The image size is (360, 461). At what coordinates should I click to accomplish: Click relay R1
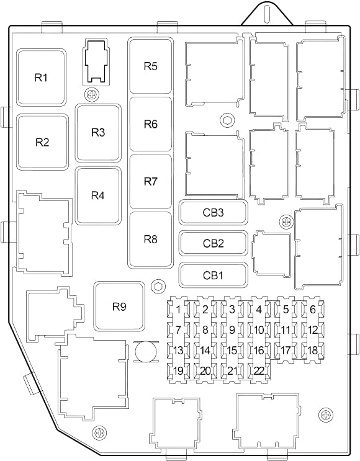coord(41,78)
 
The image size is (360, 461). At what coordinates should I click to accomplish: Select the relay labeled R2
coord(42,142)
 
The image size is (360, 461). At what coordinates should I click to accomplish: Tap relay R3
coord(98,133)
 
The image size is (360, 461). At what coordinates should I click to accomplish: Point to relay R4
coord(98,195)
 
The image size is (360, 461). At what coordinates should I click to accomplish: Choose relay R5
coord(150,66)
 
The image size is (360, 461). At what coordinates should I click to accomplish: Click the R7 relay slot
coord(150,182)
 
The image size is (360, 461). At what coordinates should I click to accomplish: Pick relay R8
coord(150,239)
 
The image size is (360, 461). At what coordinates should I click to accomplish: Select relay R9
coord(119,307)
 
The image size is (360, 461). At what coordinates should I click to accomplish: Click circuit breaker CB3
coord(214,213)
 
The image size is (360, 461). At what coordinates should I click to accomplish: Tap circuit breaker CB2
coord(214,243)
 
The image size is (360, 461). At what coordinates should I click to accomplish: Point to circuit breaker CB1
coord(214,275)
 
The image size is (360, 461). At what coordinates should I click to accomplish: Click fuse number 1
coord(178,310)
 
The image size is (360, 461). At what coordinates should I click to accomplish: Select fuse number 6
coord(313,310)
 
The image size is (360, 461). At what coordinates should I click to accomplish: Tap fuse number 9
coord(232,330)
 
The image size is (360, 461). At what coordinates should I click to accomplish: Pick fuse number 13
coord(178,351)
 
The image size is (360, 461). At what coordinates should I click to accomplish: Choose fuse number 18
coord(313,351)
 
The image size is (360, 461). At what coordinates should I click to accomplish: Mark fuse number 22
coord(259,371)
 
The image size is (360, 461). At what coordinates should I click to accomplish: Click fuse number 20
coord(205,371)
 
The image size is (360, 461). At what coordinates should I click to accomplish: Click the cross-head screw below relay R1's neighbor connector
coord(92,95)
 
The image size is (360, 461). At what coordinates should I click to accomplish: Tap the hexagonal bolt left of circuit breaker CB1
coord(158,286)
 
